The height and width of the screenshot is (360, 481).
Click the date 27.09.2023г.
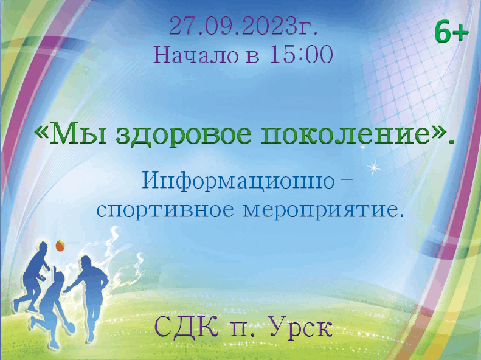coord(243,26)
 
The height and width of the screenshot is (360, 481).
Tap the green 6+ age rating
coord(452,32)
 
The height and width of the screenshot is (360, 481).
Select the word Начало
coord(196,55)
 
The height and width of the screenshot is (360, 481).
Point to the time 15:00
coord(301,55)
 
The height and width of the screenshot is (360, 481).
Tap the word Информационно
coord(238,181)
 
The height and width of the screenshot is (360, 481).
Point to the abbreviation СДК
coord(187,327)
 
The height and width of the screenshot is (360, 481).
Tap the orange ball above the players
coord(60,246)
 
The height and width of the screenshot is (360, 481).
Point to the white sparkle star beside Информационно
coord(373,168)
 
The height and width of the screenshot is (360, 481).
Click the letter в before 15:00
coord(253,57)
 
